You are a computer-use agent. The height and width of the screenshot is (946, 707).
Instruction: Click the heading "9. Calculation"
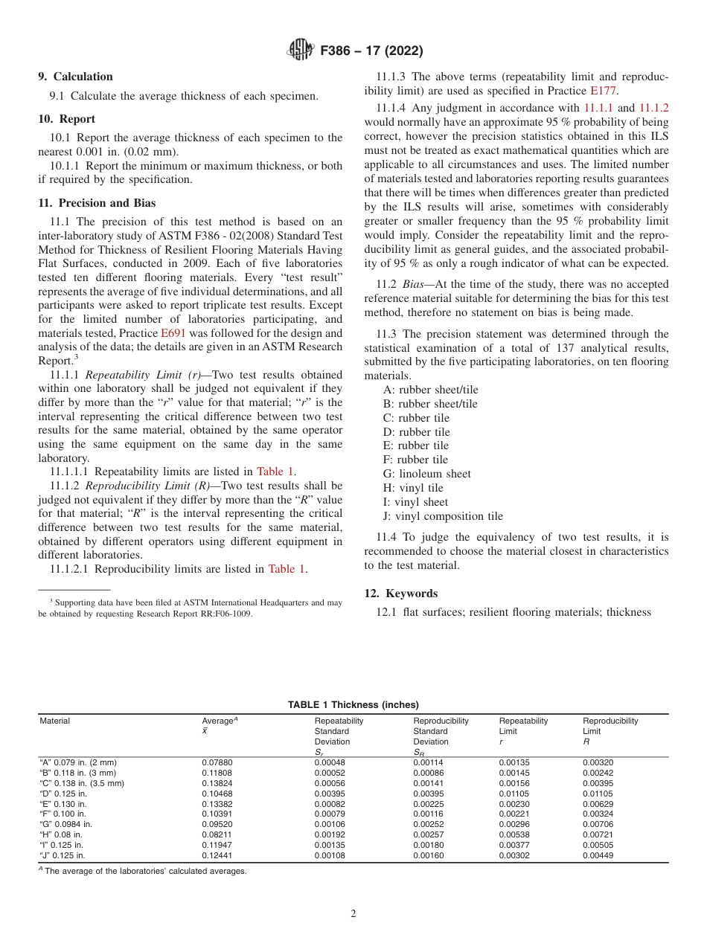75,77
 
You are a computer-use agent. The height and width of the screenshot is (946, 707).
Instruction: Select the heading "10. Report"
66,119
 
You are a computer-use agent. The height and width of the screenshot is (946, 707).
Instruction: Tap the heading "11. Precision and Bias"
97,203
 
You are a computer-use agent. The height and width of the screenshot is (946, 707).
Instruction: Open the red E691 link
173,333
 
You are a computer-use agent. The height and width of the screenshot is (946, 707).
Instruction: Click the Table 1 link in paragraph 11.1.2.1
287,569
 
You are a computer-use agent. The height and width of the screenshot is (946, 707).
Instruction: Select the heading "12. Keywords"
400,593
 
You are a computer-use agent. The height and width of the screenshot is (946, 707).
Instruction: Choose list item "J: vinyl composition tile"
443,516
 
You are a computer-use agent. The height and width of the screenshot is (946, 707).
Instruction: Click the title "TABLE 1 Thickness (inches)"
353,705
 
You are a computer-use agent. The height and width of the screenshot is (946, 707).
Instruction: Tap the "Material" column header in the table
54,721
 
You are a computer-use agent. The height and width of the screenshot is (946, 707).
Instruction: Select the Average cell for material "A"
217,762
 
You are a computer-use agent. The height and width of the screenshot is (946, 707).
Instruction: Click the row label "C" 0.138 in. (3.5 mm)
81,783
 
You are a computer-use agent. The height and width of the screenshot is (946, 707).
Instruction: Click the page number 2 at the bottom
353,914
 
